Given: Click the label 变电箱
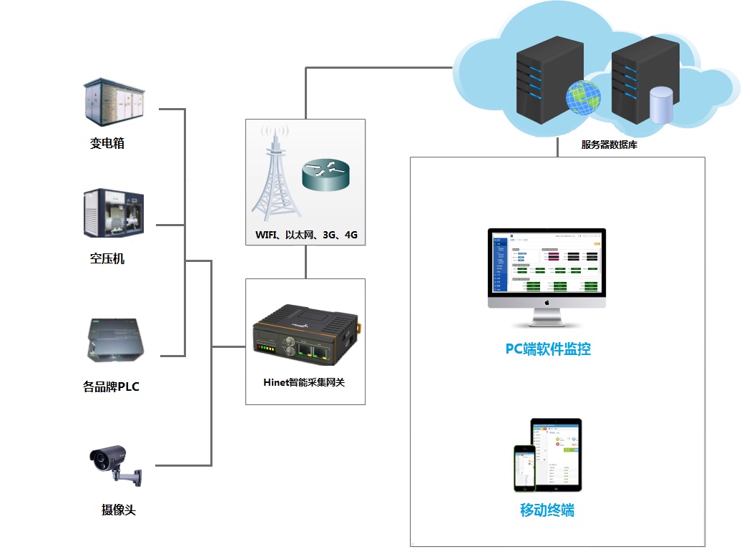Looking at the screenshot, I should pos(107,143).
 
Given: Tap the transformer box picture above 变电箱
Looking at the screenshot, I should pos(114,102).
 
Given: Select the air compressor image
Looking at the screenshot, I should pos(114,214).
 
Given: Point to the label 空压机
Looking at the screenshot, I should pos(107,258).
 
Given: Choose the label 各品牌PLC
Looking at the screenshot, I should pos(111,387).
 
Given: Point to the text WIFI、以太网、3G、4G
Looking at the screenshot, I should pos(306,235).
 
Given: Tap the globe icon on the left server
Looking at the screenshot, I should pos(583,97).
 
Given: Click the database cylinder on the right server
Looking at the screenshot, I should pos(660,104).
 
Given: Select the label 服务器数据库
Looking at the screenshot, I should pos(609,145).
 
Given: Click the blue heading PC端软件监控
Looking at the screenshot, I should pos(548,349).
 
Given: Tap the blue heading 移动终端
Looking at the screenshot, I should pos(547,510).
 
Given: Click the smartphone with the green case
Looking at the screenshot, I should pos(524,468).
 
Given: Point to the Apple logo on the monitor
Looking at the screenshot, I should pos(547,302).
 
